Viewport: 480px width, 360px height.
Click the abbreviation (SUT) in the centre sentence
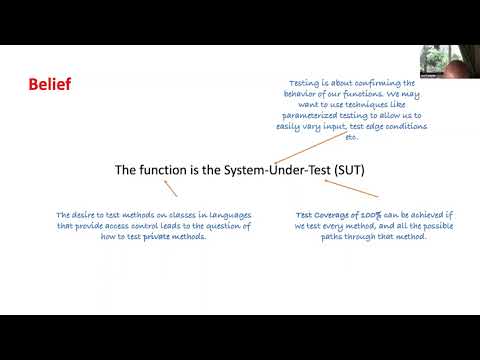tap(345, 171)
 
